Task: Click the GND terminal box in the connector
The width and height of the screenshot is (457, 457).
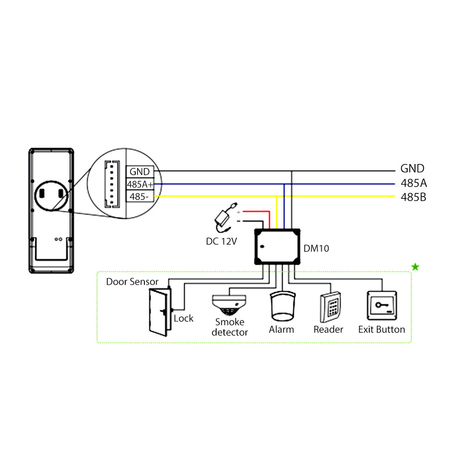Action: (139, 172)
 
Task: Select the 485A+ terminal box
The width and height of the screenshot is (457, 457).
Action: (139, 185)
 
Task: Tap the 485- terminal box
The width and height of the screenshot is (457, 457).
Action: (139, 197)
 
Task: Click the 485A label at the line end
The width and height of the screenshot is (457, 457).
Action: (414, 183)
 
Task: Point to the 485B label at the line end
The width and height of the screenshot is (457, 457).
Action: (414, 198)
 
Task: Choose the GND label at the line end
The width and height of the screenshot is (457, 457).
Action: (412, 168)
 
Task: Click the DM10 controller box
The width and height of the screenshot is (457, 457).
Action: (277, 246)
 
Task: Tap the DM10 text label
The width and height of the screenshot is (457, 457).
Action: (316, 249)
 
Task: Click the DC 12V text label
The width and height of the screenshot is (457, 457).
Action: (221, 241)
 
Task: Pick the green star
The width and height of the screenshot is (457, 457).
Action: (415, 267)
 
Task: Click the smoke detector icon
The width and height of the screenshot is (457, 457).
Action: (229, 304)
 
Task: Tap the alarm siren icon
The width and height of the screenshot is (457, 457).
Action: (282, 307)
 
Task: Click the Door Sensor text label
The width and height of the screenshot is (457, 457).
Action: (132, 282)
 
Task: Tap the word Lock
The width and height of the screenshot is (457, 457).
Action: (184, 318)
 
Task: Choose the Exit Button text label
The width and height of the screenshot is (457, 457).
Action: (382, 329)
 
